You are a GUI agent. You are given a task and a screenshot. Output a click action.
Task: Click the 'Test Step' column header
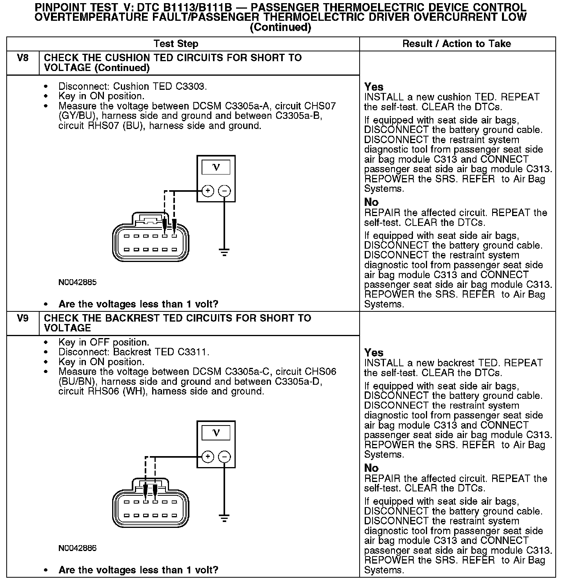(x=176, y=44)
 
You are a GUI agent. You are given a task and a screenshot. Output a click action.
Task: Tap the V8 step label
(x=23, y=58)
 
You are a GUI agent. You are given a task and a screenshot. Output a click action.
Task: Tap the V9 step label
(x=23, y=318)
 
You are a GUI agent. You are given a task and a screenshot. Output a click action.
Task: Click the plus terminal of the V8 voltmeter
(x=207, y=191)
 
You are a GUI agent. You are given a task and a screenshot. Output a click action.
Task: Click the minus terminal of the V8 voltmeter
(x=224, y=191)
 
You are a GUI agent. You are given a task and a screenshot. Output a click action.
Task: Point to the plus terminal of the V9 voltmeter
(x=207, y=457)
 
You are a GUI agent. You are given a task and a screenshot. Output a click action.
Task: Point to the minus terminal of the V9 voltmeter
(x=224, y=457)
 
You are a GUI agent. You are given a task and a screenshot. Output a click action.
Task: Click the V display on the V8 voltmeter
(x=216, y=167)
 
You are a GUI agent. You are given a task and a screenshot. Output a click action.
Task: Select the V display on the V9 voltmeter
(x=216, y=433)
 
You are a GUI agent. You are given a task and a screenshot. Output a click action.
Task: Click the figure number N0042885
(x=77, y=282)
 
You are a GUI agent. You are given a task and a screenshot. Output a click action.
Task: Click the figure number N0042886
(x=77, y=548)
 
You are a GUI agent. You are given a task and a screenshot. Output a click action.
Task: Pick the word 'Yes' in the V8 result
(x=374, y=87)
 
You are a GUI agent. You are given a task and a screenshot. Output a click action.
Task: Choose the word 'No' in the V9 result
(x=371, y=468)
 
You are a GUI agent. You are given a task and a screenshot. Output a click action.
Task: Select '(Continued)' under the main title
(x=280, y=27)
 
